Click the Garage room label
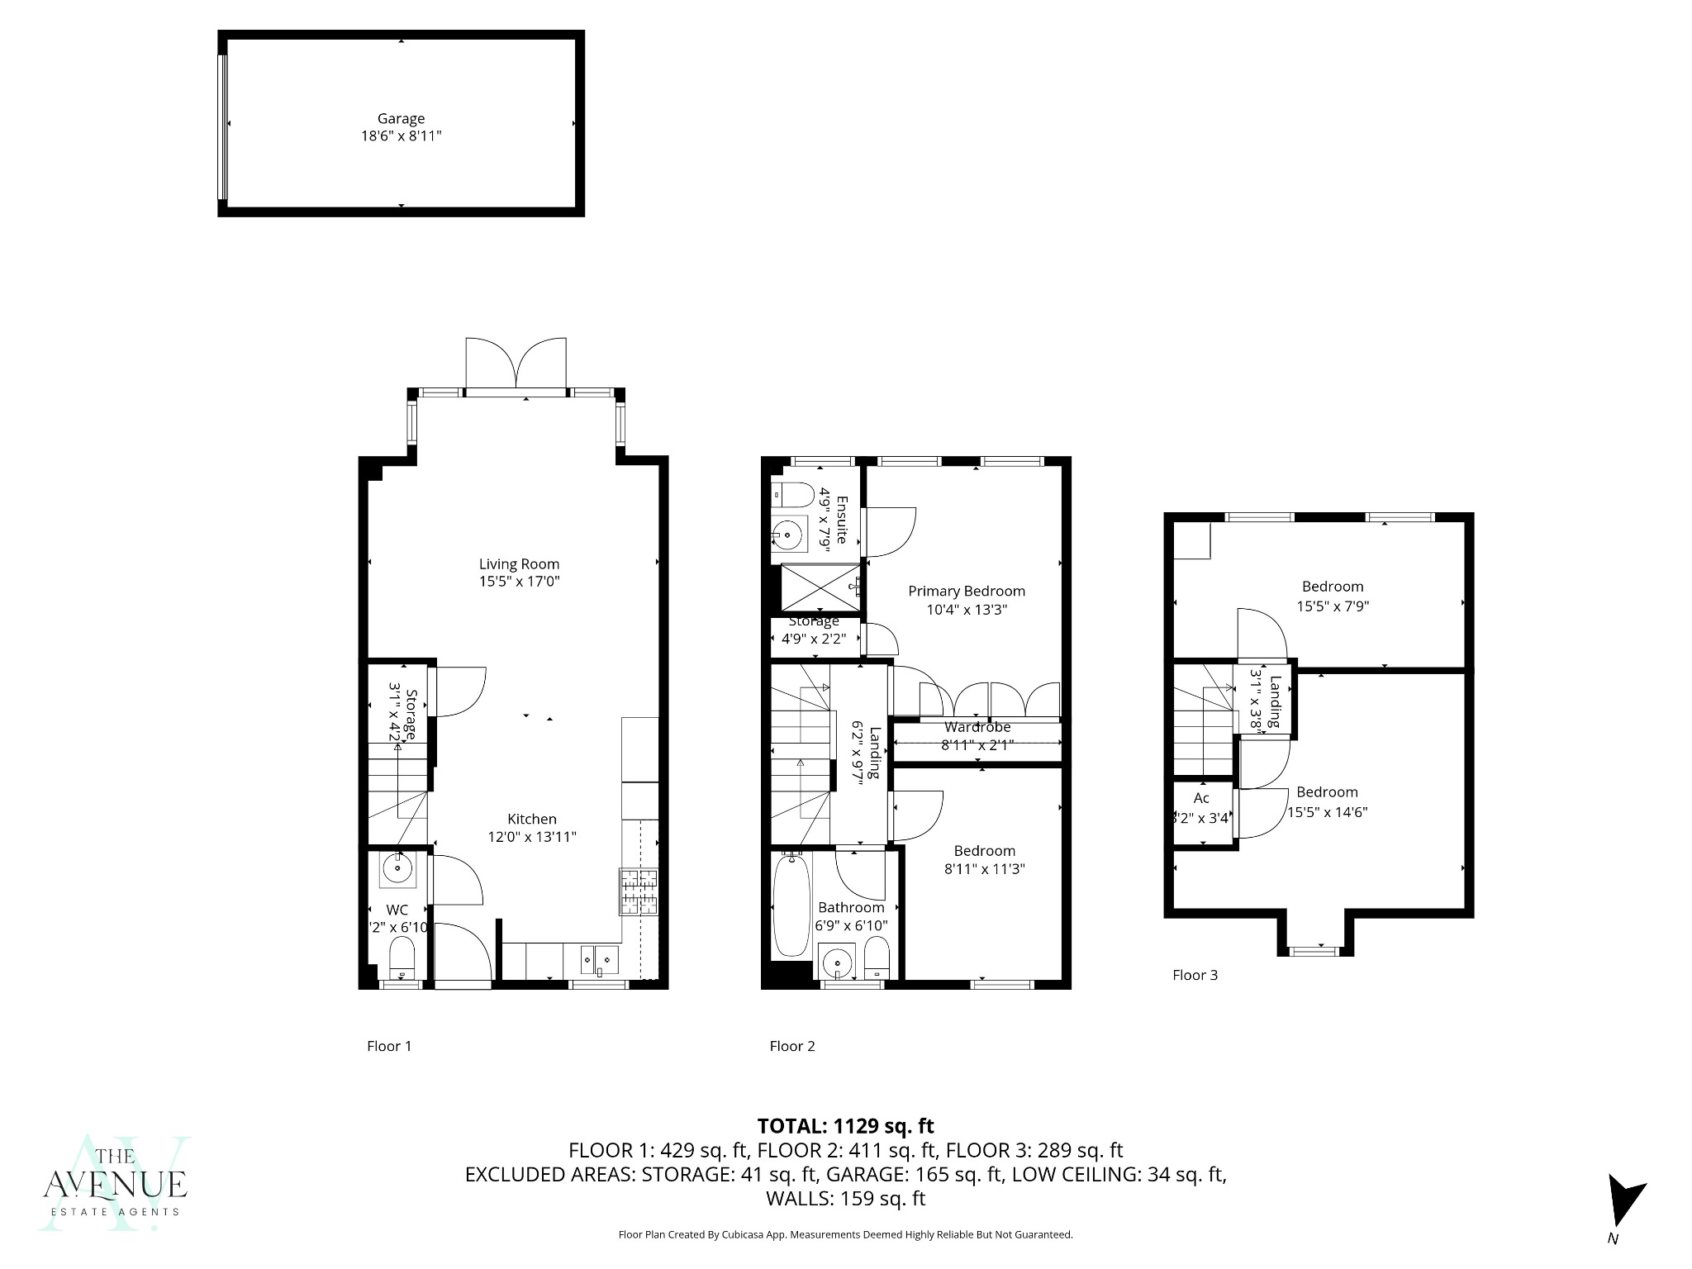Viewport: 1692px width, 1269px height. pos(401,118)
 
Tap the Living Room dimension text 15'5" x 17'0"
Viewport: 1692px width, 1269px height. pos(519,582)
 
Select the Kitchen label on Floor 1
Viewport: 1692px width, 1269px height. pos(531,819)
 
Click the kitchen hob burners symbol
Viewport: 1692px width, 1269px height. pos(639,891)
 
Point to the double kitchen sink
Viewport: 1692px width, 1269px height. pos(600,958)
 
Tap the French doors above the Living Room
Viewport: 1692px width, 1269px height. pos(516,364)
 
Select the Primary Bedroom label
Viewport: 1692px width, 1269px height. pos(966,591)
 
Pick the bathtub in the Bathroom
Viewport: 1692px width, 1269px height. pos(791,906)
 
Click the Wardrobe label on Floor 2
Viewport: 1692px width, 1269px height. pos(977,727)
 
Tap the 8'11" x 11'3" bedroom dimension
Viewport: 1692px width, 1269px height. pos(984,868)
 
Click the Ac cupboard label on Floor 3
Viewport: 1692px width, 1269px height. pos(1201,797)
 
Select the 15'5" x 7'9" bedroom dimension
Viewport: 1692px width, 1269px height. pos(1332,606)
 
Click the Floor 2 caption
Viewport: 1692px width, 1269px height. pos(791,1046)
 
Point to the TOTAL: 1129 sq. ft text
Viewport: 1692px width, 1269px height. pos(845,1125)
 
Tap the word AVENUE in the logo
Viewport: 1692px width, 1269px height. pos(115,1184)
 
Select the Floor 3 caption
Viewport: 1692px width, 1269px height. pos(1195,975)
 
